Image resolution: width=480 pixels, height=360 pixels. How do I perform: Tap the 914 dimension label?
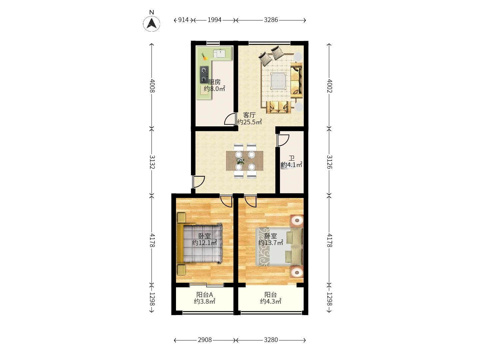(183, 20)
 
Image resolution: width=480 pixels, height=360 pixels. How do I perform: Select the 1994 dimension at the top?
(214, 20)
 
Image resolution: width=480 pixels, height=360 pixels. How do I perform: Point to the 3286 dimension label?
(271, 20)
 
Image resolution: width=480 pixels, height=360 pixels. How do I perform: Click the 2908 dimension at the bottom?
(205, 340)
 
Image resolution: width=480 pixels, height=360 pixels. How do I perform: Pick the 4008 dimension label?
(152, 86)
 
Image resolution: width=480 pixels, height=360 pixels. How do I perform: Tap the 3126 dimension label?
(329, 162)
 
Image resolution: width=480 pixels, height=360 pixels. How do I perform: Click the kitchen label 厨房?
(214, 82)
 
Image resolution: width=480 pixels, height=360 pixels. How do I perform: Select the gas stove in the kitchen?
(204, 75)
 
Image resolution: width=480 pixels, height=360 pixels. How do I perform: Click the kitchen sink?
(221, 53)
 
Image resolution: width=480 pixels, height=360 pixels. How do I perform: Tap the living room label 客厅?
(249, 115)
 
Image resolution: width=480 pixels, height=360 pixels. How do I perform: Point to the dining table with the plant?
(244, 161)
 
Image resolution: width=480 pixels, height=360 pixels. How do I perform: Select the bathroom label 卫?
(292, 158)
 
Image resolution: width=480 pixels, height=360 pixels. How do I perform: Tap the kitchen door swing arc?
(229, 119)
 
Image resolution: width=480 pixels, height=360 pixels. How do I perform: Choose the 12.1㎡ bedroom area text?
(204, 243)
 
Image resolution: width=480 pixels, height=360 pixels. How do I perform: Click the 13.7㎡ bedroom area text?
(271, 243)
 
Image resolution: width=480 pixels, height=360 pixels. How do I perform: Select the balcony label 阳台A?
(204, 295)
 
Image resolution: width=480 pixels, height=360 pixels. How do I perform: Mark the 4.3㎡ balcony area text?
(271, 302)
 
